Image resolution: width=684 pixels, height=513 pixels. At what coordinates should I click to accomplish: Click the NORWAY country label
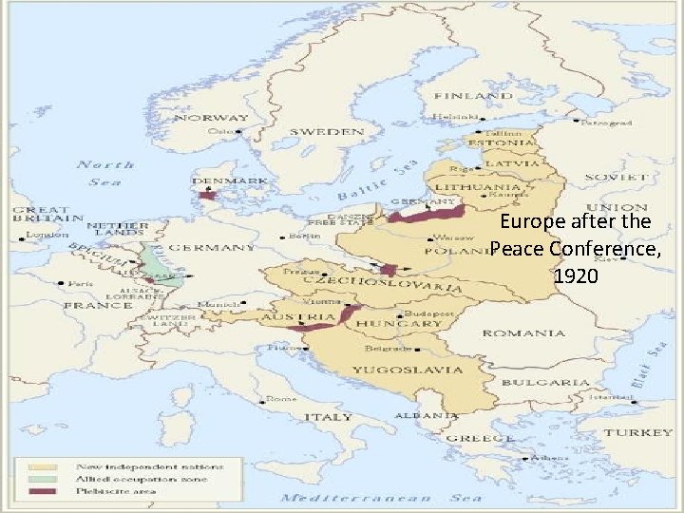coord(211,118)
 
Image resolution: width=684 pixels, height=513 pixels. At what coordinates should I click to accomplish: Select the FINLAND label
coord(473,97)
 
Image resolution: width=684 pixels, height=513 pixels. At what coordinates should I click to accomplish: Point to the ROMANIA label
coord(522,333)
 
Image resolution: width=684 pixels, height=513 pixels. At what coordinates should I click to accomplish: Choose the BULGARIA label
coord(558,382)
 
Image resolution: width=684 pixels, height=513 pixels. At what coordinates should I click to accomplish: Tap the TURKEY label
coord(639,432)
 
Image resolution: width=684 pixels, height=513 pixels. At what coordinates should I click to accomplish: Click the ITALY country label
coord(327,417)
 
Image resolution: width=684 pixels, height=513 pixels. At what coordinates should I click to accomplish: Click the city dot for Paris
coord(62,283)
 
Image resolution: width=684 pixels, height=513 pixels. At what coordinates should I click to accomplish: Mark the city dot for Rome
coord(269,399)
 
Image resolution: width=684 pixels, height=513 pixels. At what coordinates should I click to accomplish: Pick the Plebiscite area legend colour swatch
coord(42,491)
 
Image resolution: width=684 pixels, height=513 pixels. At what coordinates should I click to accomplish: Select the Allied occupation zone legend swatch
coord(42,479)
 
